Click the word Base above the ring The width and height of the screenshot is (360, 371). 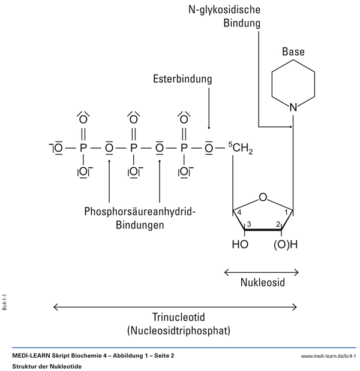tap(293, 52)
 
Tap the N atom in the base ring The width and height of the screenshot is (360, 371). tap(293, 108)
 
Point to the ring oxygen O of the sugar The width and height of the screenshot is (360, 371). tap(263, 197)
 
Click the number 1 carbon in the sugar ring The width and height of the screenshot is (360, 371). tap(286, 212)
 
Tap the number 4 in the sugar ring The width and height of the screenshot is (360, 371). tap(239, 212)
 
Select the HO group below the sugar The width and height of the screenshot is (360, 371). tap(239, 245)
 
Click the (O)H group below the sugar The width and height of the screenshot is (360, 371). tap(286, 245)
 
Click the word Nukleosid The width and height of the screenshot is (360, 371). tap(262, 282)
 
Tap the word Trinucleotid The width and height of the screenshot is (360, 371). tap(175, 317)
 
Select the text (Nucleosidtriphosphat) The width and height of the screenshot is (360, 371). tap(175, 330)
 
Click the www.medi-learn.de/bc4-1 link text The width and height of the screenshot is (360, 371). tap(328, 355)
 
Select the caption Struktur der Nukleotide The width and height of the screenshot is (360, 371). tap(46, 366)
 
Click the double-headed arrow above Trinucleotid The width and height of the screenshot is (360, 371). tap(175, 307)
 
